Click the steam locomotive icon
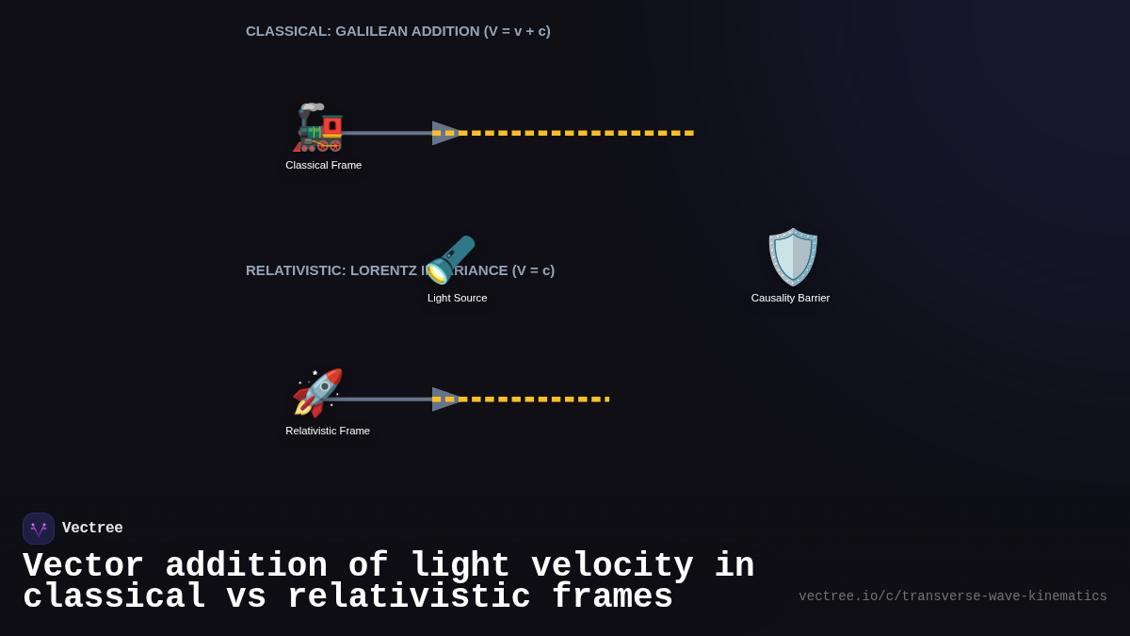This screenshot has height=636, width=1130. click(318, 128)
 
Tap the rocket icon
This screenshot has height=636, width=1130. click(318, 393)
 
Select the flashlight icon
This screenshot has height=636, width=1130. click(451, 259)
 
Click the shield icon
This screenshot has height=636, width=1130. click(793, 256)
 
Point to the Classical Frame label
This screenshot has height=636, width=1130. click(323, 165)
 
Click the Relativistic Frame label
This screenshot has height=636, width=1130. click(328, 431)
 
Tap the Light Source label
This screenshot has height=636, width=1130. click(457, 298)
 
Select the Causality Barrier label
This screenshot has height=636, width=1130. click(790, 298)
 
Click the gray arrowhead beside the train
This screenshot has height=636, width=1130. click(445, 133)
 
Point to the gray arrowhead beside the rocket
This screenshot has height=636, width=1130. click(445, 400)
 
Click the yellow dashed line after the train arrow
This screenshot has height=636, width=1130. click(574, 133)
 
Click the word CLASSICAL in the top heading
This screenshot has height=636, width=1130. click(288, 31)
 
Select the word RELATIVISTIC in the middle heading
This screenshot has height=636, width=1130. click(294, 270)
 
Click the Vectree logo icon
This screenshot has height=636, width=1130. click(39, 529)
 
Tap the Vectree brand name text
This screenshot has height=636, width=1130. click(92, 529)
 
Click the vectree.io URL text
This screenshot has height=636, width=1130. click(952, 596)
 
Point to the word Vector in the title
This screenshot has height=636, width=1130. click(83, 566)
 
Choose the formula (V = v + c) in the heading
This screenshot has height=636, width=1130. click(517, 31)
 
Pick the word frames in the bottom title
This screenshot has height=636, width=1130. click(612, 597)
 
